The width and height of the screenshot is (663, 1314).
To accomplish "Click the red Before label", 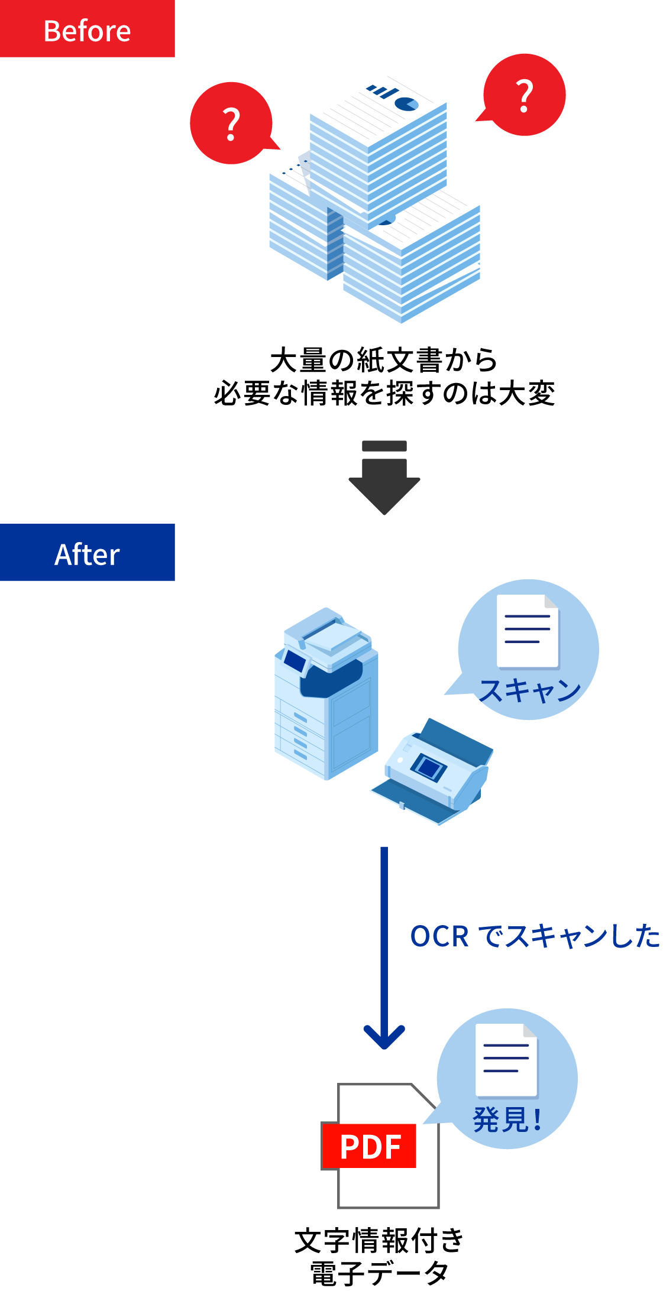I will pyautogui.click(x=87, y=30).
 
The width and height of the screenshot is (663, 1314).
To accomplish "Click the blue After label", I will pyautogui.click(x=87, y=553).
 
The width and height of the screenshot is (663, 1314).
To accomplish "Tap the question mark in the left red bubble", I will pyautogui.click(x=231, y=124).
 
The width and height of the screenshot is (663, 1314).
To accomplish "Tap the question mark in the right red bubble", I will pyautogui.click(x=524, y=96).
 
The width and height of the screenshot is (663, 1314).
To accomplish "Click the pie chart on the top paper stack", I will pyautogui.click(x=406, y=104).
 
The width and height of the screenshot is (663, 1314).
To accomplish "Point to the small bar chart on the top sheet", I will pyautogui.click(x=381, y=92).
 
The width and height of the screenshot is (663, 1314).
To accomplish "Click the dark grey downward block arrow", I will pyautogui.click(x=384, y=488).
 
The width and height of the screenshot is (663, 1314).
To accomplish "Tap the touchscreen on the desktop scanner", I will pyautogui.click(x=429, y=767).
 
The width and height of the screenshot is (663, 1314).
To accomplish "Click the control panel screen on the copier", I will pyautogui.click(x=294, y=660).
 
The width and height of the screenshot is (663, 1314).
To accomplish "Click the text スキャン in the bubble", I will pyautogui.click(x=530, y=690).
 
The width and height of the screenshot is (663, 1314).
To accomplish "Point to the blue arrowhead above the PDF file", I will pyautogui.click(x=384, y=1037).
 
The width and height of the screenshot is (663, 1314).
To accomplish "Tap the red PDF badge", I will pyautogui.click(x=370, y=1146).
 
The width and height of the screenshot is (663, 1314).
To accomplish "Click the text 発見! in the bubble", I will pyautogui.click(x=507, y=1119).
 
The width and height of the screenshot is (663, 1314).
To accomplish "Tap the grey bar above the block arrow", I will pyautogui.click(x=384, y=446).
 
